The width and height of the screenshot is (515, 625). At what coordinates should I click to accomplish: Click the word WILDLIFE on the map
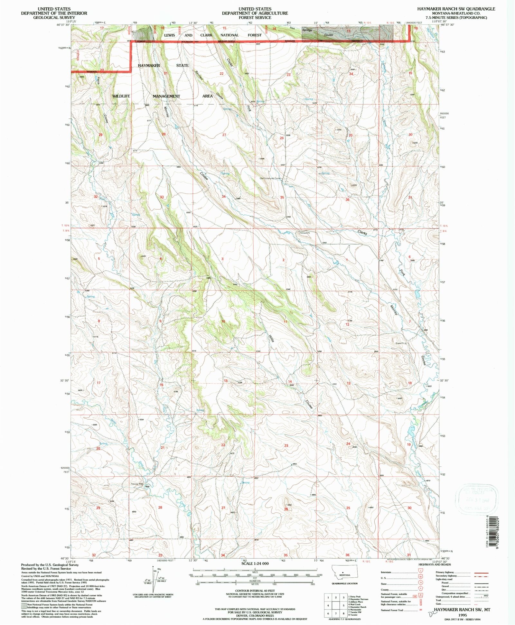[x=121, y=96]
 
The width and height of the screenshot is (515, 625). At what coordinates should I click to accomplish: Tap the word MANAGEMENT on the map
[x=166, y=96]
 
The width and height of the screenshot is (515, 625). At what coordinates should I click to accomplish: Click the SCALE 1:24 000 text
[x=255, y=564]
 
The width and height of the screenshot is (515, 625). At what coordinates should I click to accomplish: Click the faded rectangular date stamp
[x=476, y=499]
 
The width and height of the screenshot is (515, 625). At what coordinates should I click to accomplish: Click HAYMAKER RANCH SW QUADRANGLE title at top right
[x=465, y=9]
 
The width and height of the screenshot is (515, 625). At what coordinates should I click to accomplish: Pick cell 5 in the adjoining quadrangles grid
[x=344, y=605]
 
